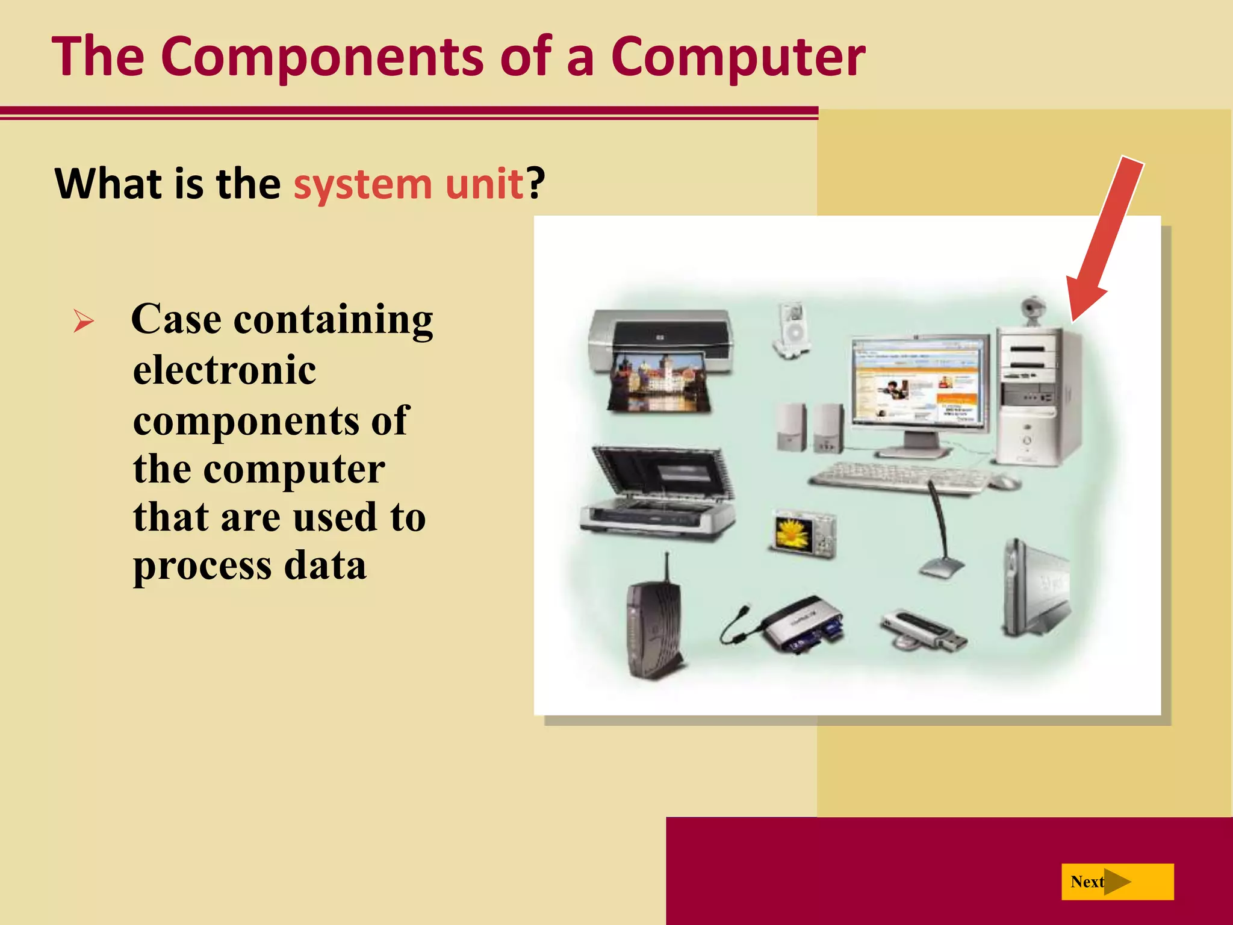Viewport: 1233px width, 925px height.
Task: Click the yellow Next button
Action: click(1117, 882)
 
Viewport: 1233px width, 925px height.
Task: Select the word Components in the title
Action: click(321, 57)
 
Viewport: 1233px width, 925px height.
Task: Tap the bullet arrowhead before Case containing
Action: click(84, 320)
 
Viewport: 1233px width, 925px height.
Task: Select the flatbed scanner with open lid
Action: click(658, 494)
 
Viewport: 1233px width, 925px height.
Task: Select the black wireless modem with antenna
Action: click(654, 626)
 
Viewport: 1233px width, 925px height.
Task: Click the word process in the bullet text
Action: click(202, 566)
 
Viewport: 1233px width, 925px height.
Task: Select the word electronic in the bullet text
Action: click(225, 370)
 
